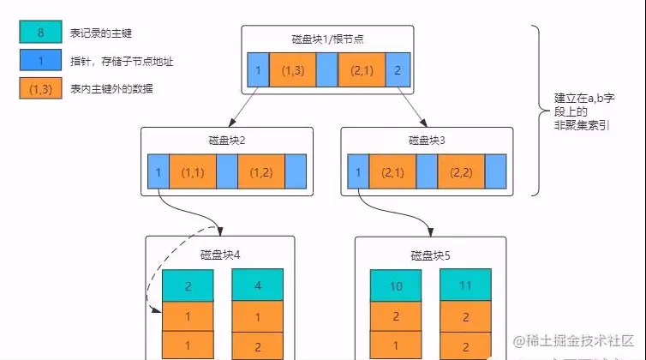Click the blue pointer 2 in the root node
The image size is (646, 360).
click(x=398, y=69)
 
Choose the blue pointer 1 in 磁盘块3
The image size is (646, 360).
click(x=357, y=171)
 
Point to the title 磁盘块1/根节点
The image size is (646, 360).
click(x=328, y=39)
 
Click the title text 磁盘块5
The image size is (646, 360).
click(x=430, y=255)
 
